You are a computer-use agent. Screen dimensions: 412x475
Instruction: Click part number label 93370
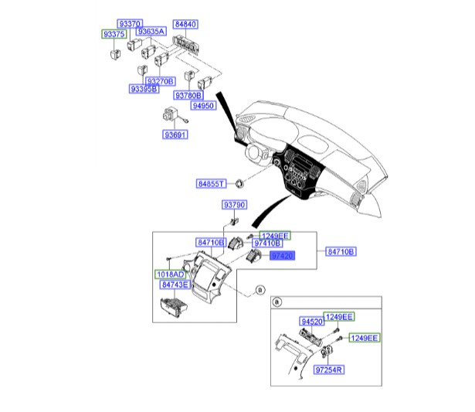click(x=129, y=25)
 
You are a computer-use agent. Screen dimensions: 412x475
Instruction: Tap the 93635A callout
click(x=151, y=32)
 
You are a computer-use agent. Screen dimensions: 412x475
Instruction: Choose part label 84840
click(x=185, y=25)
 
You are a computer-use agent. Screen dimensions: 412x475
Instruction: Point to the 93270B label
click(x=161, y=81)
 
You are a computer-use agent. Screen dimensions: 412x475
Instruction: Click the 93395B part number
click(x=144, y=90)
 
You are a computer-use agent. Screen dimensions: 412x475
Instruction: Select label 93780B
click(x=188, y=96)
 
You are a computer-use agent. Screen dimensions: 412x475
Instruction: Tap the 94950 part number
click(x=204, y=104)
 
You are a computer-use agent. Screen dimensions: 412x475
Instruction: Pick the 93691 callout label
click(x=175, y=135)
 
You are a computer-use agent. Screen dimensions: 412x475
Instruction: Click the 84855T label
click(x=210, y=184)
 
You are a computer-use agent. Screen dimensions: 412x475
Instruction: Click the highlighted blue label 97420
click(x=281, y=254)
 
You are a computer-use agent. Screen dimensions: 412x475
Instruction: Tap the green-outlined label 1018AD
click(x=167, y=274)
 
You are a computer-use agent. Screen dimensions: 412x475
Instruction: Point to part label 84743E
click(x=175, y=284)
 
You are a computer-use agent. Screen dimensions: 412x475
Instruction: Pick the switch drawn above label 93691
click(x=170, y=116)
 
